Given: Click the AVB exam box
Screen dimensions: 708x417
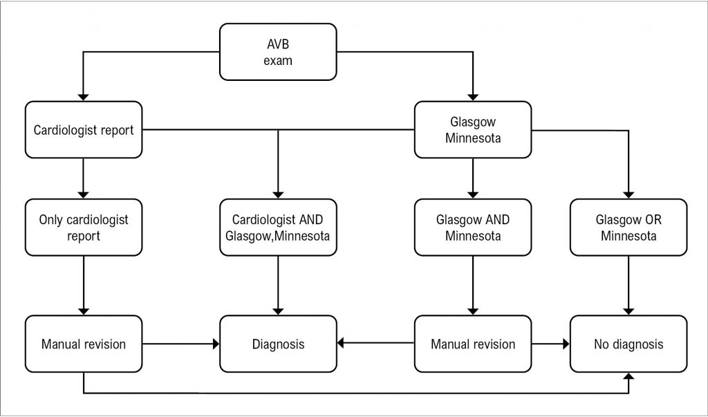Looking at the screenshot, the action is coord(278,52).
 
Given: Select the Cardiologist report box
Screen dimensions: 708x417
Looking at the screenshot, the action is coord(84,129).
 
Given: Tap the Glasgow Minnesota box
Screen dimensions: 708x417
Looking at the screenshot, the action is coord(473,129).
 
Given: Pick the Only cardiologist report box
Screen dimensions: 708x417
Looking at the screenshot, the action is coord(84,228).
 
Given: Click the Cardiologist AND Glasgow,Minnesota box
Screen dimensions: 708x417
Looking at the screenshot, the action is coord(278,228).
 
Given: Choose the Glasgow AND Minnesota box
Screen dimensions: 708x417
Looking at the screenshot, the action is coord(473,228).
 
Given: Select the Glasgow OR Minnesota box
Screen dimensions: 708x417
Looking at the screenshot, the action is coord(628,228).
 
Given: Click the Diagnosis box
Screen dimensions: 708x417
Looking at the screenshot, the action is coord(278,344).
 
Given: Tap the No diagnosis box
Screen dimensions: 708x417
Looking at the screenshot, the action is coord(628,344).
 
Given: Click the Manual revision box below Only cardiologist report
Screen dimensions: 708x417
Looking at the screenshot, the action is coord(84,344).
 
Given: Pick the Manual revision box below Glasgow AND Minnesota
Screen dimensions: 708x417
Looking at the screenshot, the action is coord(473,344).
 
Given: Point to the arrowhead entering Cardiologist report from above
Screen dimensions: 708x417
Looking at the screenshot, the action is coord(83,97).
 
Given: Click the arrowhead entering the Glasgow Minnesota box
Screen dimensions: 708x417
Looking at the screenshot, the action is coord(473,97).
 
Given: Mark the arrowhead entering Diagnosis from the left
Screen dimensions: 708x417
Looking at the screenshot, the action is coord(216,344).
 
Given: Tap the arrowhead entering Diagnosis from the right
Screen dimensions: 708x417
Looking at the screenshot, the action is coord(340,343).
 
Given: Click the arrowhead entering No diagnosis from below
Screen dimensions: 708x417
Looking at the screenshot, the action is coord(628,376).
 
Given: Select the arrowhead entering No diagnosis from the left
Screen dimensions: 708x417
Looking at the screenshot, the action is coord(566,344).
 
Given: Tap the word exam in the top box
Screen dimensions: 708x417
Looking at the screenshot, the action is coord(278,61).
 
